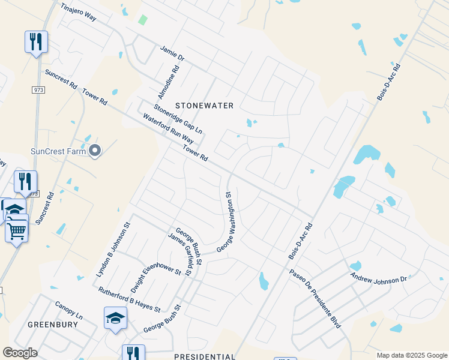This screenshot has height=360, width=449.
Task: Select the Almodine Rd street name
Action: point(169,83)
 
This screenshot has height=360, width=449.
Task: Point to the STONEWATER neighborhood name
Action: point(204,105)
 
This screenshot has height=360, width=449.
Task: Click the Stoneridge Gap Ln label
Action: point(178,119)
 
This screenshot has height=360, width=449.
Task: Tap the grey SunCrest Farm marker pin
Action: point(94,150)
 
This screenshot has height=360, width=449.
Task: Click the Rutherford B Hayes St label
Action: point(129,299)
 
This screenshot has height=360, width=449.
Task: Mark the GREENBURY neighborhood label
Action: point(53,325)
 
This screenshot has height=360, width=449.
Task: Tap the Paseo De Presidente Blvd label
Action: point(315,298)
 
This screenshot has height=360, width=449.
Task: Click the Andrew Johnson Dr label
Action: point(379,279)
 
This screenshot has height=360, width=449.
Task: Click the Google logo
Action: point(20,352)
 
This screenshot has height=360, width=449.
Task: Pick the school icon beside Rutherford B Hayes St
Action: point(115,317)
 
